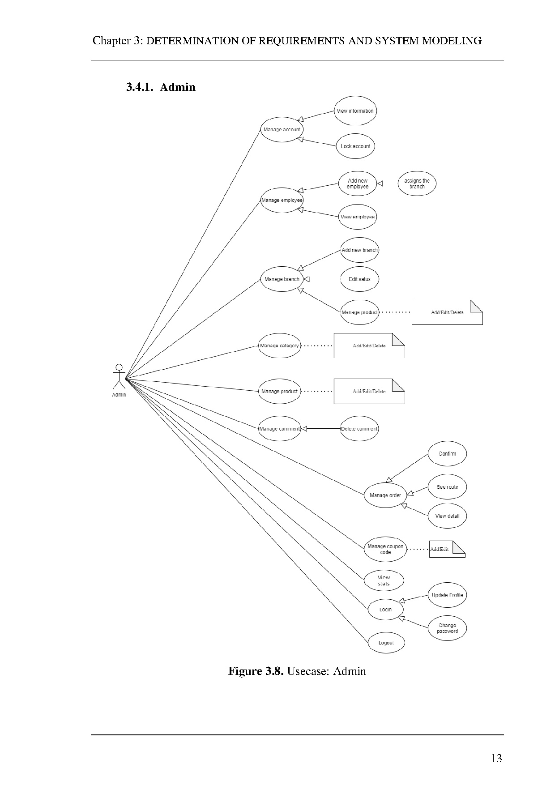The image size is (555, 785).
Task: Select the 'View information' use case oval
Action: [355, 111]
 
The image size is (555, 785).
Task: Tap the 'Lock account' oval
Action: [355, 146]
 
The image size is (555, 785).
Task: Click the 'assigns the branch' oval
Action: [417, 183]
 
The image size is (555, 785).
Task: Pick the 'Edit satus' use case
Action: [360, 279]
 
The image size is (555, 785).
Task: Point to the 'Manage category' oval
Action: [279, 346]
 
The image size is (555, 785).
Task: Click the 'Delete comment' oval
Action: [359, 429]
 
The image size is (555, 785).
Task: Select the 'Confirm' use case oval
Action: [447, 454]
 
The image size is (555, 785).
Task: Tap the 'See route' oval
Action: [447, 487]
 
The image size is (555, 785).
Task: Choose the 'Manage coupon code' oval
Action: [385, 549]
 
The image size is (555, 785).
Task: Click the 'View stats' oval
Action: [384, 580]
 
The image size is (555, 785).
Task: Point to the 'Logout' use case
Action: [386, 643]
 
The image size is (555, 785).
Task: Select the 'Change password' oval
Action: [447, 628]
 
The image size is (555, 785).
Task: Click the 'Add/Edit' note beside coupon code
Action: [447, 549]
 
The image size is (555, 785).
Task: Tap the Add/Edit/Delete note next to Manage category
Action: [369, 346]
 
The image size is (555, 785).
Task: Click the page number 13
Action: [496, 758]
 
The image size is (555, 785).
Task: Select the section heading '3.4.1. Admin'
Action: [161, 87]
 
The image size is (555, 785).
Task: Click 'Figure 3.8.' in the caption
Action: [256, 671]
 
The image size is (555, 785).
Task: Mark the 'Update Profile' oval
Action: [447, 595]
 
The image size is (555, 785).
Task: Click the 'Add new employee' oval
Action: [358, 184]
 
